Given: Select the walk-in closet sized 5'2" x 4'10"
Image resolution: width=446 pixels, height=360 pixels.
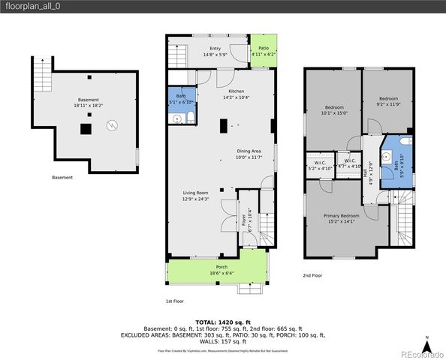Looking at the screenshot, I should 319,166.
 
